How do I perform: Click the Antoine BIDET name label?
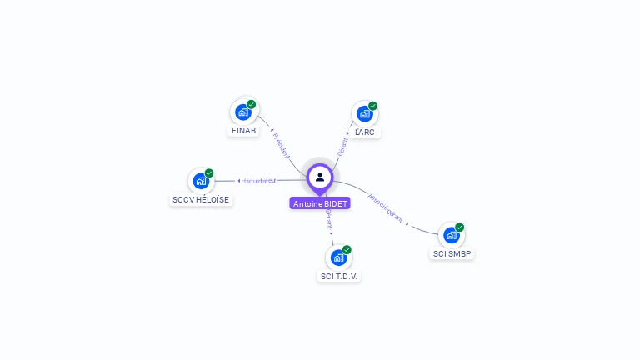pyautogui.click(x=320, y=203)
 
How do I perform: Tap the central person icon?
pyautogui.click(x=320, y=177)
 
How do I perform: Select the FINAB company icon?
pyautogui.click(x=243, y=112)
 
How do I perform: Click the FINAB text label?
pyautogui.click(x=243, y=131)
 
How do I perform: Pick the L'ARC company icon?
pyautogui.click(x=365, y=113)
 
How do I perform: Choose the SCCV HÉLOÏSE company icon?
pyautogui.click(x=201, y=180)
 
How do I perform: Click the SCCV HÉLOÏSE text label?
pyautogui.click(x=201, y=200)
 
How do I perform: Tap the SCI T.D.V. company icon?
pyautogui.click(x=338, y=257)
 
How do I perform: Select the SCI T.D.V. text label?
pyautogui.click(x=340, y=276)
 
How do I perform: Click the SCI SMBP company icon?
pyautogui.click(x=451, y=234)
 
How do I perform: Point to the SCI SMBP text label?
pyautogui.click(x=452, y=253)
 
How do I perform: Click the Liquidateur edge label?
pyautogui.click(x=259, y=180)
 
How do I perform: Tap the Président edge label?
pyautogui.click(x=282, y=145)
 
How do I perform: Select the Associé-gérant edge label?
pyautogui.click(x=386, y=208)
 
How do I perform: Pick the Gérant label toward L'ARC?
pyautogui.click(x=342, y=146)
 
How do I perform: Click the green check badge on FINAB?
pyautogui.click(x=252, y=104)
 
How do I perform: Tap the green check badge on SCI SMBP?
pyautogui.click(x=459, y=227)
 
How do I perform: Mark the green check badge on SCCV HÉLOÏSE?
pyautogui.click(x=209, y=172)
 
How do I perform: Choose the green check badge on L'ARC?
pyautogui.click(x=373, y=106)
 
